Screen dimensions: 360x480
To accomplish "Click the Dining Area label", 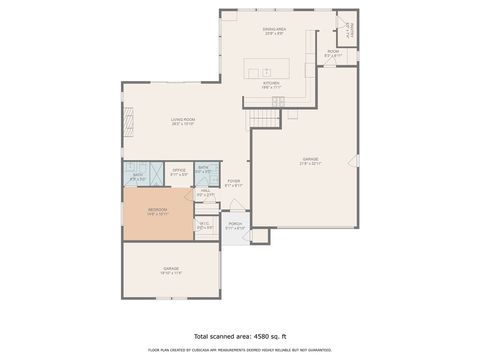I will (x=274, y=32).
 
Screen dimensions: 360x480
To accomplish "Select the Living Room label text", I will (x=182, y=122).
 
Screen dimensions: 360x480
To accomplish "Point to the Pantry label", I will (x=350, y=35).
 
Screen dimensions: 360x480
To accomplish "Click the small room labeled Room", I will (x=333, y=54).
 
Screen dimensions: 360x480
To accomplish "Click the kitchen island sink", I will (x=267, y=69).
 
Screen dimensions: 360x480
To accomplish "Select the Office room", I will (x=178, y=172).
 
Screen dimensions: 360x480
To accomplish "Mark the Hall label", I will (x=204, y=193).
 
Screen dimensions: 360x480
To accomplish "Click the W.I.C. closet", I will (x=204, y=226).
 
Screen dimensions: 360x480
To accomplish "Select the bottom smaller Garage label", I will (x=170, y=270).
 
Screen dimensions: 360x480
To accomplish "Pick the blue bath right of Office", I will (x=203, y=170).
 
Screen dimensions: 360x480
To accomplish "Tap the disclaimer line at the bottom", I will (x=239, y=351).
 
